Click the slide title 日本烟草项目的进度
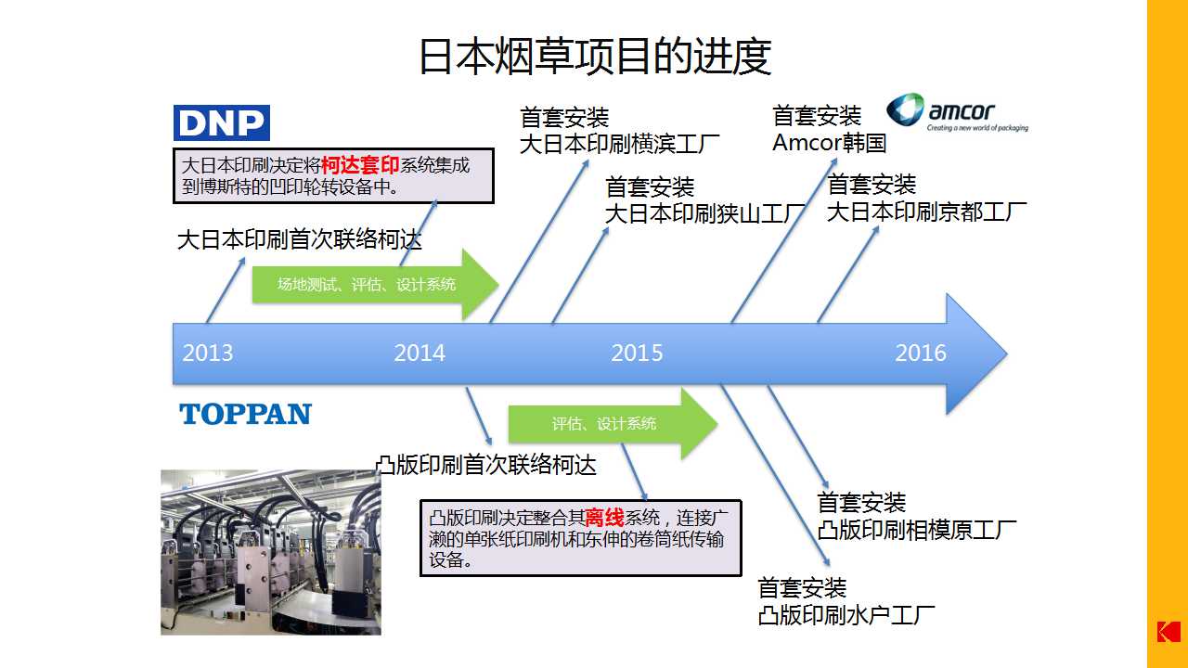click(x=594, y=56)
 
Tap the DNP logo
click(x=222, y=122)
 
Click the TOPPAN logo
click(x=246, y=414)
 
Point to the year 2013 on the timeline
click(x=208, y=353)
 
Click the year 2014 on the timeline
click(x=420, y=353)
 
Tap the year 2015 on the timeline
click(x=637, y=353)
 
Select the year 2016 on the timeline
click(x=921, y=353)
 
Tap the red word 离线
click(x=604, y=518)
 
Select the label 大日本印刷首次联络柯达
click(x=299, y=240)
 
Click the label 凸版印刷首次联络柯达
click(x=485, y=465)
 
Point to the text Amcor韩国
click(x=830, y=143)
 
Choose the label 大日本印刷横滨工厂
click(x=619, y=145)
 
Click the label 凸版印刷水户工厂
click(x=846, y=614)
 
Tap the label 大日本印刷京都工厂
click(x=926, y=212)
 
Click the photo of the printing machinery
click(x=271, y=552)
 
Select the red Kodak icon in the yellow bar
click(x=1168, y=631)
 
